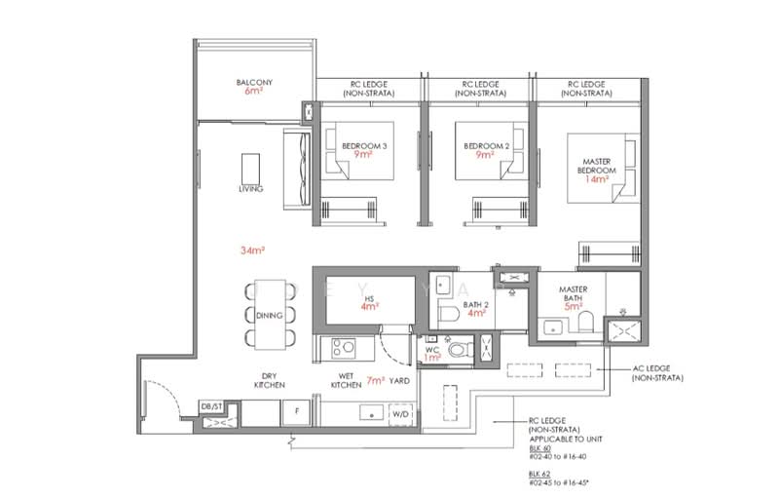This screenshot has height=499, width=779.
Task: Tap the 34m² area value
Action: pyautogui.click(x=253, y=250)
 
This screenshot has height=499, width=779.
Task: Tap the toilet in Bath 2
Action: pyautogui.click(x=449, y=318)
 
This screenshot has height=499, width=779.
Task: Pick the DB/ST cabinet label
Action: pyautogui.click(x=212, y=405)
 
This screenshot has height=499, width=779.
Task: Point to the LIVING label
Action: pyautogui.click(x=249, y=188)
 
